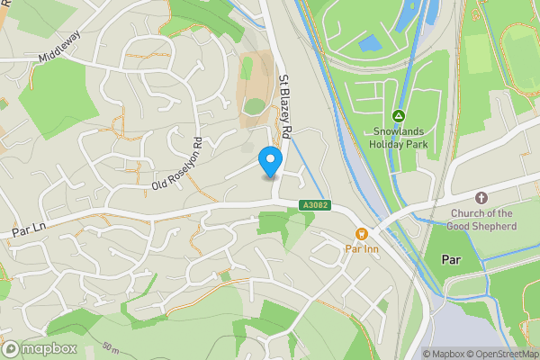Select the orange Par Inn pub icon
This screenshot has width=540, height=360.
(362, 234)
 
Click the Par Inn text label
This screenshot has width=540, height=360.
(362, 248)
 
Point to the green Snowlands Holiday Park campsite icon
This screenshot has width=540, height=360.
(398, 116)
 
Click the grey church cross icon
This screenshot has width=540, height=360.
(481, 197)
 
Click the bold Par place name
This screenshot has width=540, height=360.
(452, 258)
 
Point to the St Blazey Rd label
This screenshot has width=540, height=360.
(286, 106)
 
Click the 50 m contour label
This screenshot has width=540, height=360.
(111, 347)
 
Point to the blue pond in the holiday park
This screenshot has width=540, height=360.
(369, 42)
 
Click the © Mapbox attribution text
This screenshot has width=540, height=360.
(443, 354)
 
